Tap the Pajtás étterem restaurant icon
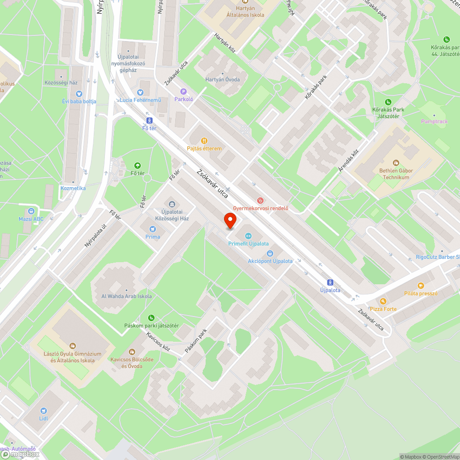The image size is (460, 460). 204,141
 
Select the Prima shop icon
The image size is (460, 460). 153,229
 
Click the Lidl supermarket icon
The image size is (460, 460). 43,410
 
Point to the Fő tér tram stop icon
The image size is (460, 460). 149,120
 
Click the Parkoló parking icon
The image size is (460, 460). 183,92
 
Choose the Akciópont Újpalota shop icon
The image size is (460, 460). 270,253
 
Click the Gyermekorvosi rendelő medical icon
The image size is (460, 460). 260,200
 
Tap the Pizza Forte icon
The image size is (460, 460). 383,301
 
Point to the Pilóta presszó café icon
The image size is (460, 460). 420,286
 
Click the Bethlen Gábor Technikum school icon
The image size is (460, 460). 396,163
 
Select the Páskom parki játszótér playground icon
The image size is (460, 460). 151,317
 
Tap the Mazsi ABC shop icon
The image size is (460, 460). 31,211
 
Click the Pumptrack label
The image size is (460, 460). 434,121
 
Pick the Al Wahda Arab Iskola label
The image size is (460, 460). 126,296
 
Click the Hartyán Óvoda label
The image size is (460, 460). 222,80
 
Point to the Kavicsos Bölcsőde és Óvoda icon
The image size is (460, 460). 132,352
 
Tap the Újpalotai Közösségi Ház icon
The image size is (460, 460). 172,204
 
